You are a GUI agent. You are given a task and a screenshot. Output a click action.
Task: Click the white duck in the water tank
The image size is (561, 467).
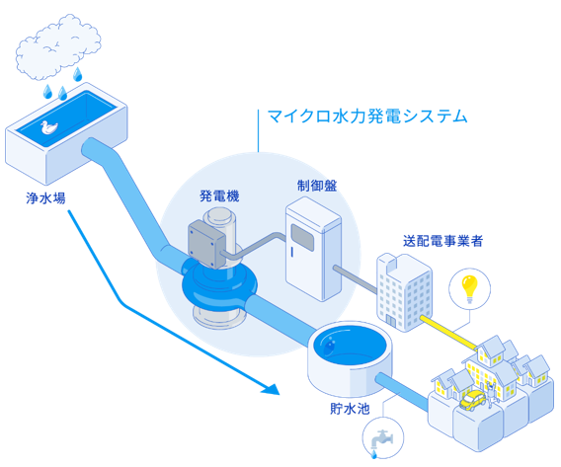pos(48,127)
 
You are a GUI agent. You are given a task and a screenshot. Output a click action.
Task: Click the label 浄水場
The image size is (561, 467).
pos(45,197)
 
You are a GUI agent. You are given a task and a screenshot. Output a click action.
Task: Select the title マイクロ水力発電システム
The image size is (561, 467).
pos(367,117)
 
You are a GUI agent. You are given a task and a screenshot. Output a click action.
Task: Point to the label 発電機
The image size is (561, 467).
pos(219,195)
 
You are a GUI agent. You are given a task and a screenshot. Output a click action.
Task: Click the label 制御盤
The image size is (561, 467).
pos(317,186)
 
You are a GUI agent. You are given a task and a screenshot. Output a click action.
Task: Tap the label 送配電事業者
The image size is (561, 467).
pos(442,241)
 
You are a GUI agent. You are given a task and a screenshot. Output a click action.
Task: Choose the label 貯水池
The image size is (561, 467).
pos(350,408)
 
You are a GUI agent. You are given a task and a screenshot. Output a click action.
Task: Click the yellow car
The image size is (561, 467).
pos(473,400)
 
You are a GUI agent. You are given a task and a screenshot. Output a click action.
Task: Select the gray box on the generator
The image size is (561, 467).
pos(206,244)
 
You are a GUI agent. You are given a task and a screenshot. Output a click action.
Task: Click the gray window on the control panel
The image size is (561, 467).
pos(302,237)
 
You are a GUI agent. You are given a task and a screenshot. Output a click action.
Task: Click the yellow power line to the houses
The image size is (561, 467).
pos(448,333)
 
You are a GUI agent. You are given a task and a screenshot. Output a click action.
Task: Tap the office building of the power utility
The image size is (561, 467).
pos(404,292)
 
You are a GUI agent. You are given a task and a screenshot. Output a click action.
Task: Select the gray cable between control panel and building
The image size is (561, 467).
pos(356,278)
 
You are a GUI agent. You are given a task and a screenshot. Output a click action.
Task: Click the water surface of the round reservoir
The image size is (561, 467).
pos(350,343)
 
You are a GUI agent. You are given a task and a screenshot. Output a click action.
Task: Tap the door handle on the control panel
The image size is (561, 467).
pos(292,252)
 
